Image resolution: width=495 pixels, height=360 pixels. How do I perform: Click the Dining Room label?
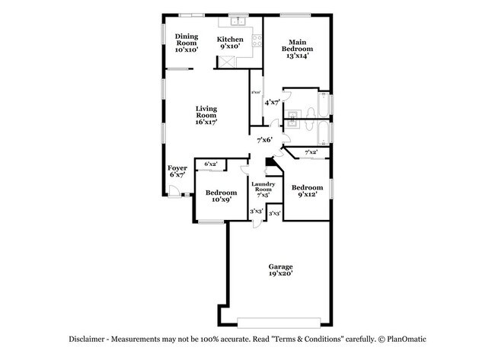(x=187, y=43)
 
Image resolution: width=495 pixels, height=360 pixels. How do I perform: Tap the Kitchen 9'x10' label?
(x=230, y=43)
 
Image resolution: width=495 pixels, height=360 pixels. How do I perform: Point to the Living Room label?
(x=206, y=114)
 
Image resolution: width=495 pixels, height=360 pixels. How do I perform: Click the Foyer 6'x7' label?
(x=177, y=171)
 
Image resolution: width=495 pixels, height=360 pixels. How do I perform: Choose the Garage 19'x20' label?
(x=280, y=269)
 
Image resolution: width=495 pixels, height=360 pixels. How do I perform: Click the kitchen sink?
(x=238, y=23)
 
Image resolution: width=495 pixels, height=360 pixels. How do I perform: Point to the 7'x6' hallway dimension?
(x=265, y=140)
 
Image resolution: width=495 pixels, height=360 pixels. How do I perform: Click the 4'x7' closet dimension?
(x=272, y=102)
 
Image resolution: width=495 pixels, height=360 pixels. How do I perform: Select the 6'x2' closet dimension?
(x=210, y=164)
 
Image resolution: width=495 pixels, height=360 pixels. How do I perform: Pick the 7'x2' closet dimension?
(x=311, y=153)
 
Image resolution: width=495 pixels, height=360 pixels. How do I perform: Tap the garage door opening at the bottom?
(x=279, y=320)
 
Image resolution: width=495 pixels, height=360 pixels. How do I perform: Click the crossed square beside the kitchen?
(x=226, y=60)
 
